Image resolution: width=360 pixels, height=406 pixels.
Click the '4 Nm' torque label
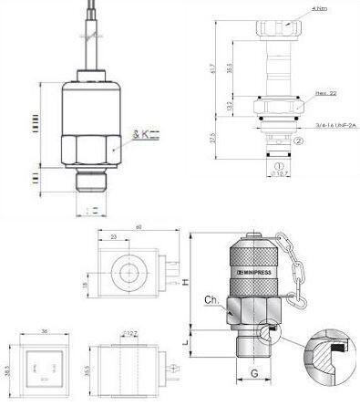315,9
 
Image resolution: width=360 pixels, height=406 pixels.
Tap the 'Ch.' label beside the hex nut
210,299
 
